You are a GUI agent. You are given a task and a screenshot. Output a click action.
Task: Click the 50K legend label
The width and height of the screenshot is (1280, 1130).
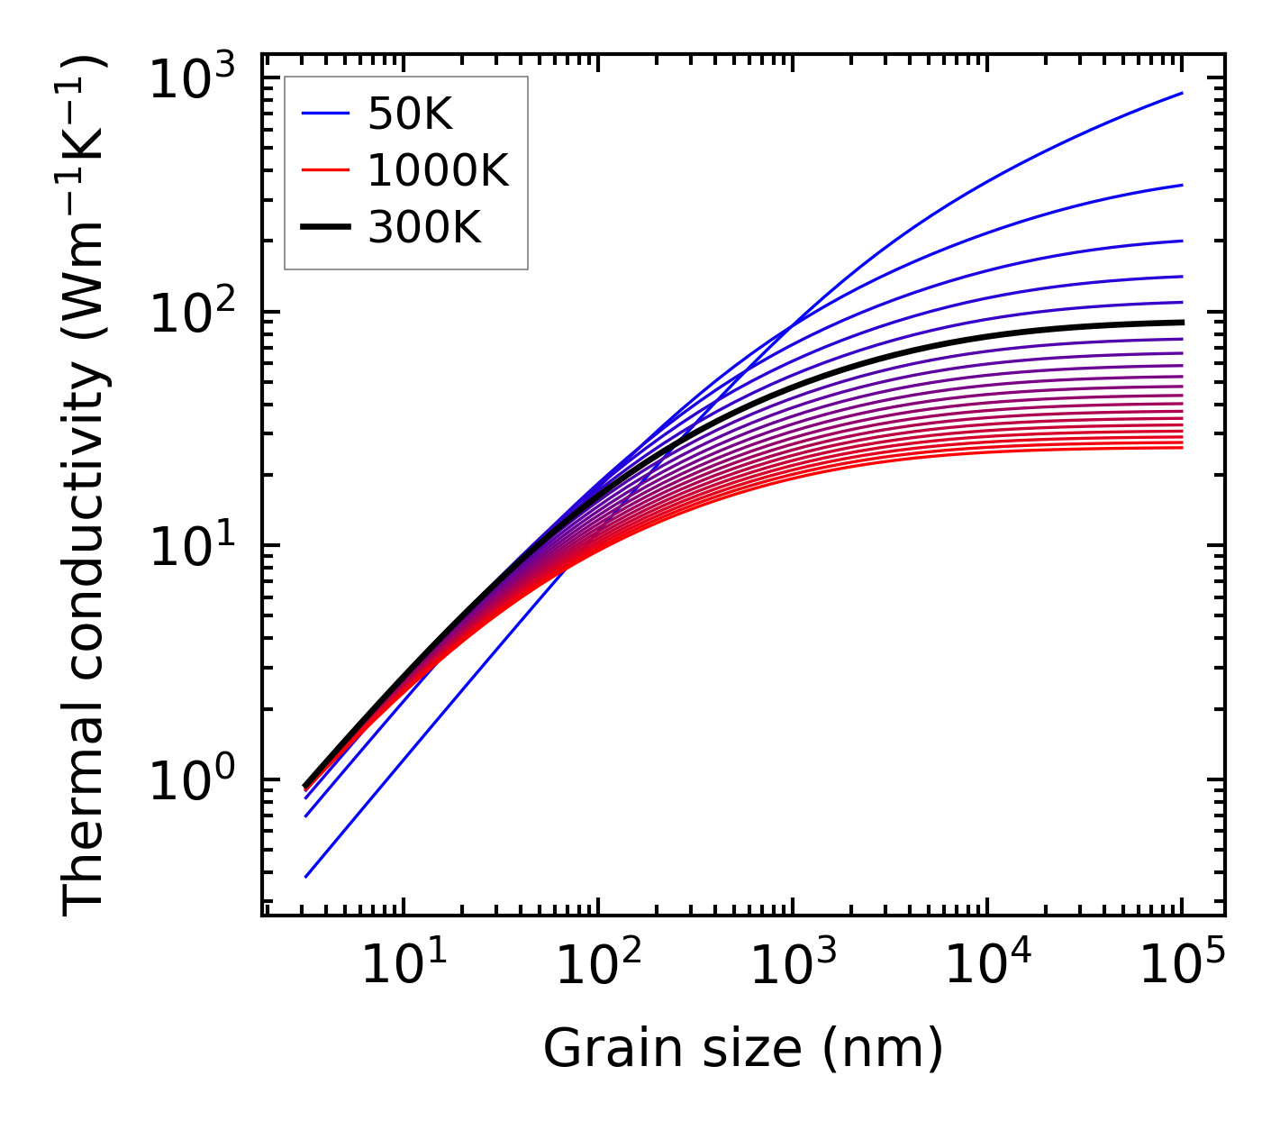pyautogui.click(x=410, y=114)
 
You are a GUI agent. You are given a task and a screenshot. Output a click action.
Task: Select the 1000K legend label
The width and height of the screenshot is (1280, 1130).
pyautogui.click(x=438, y=170)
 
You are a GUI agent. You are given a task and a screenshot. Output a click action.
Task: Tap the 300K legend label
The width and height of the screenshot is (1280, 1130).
pyautogui.click(x=424, y=228)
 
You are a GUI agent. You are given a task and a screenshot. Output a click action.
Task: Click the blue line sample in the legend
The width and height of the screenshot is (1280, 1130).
pyautogui.click(x=324, y=114)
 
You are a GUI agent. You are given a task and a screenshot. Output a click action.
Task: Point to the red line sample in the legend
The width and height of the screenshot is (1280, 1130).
pyautogui.click(x=324, y=170)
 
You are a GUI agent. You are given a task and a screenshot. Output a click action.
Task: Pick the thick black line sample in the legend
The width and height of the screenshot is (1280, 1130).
pyautogui.click(x=324, y=228)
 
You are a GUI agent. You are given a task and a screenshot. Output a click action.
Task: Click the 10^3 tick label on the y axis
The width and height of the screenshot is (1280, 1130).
pyautogui.click(x=191, y=80)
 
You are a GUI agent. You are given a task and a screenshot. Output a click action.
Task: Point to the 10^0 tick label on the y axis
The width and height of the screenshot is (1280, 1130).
pyautogui.click(x=191, y=781)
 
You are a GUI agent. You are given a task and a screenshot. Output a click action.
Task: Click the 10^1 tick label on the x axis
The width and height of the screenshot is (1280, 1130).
pyautogui.click(x=404, y=965)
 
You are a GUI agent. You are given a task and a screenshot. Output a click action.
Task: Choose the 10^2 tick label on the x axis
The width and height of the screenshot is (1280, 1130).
pyautogui.click(x=598, y=965)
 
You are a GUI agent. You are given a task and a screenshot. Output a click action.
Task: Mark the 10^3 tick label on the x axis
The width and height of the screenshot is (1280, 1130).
pyautogui.click(x=793, y=965)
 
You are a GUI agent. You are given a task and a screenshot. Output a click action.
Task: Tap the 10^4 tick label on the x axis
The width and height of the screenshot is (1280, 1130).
pyautogui.click(x=987, y=965)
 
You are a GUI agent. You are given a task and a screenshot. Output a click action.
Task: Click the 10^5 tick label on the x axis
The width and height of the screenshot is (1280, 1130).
pyautogui.click(x=1182, y=965)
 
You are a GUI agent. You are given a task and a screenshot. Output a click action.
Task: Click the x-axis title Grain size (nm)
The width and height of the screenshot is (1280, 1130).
pyautogui.click(x=743, y=1049)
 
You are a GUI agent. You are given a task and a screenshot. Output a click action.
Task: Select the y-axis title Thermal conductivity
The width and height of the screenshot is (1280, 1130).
pyautogui.click(x=86, y=485)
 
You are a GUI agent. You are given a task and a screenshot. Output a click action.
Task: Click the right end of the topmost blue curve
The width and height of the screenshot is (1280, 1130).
pyautogui.click(x=1182, y=93)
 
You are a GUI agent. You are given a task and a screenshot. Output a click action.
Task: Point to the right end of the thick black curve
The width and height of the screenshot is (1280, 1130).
pyautogui.click(x=1182, y=322)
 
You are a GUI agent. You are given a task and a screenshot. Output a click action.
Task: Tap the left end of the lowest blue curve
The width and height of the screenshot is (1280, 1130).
pyautogui.click(x=306, y=877)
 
